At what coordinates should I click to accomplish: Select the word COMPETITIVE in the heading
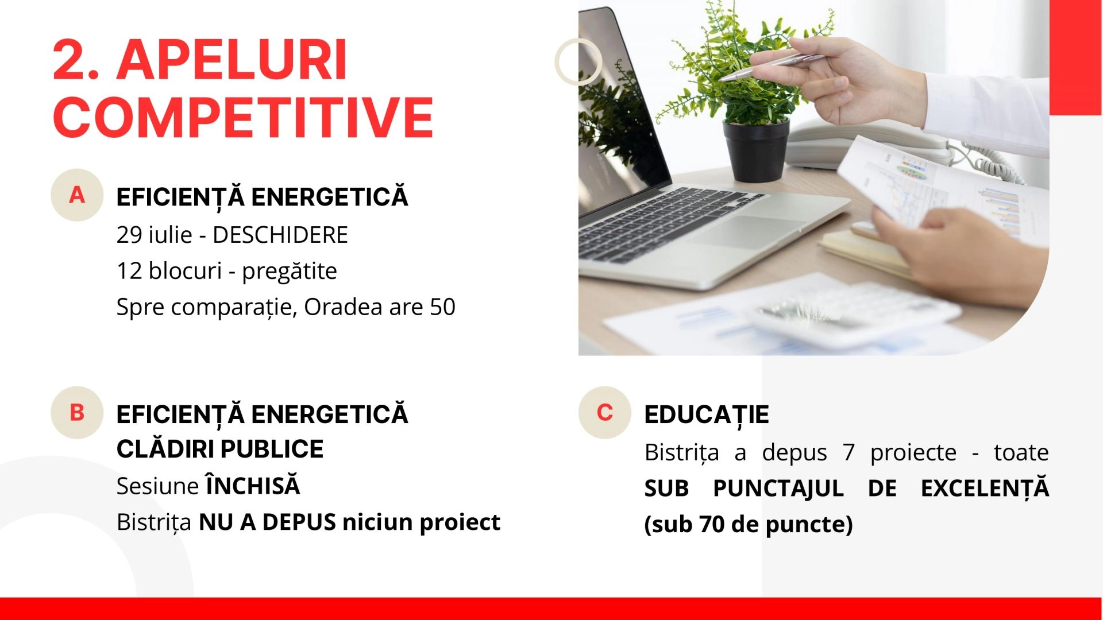243,117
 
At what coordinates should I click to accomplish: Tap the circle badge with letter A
77,195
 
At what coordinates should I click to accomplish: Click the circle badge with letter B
77,413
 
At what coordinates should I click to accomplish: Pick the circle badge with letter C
605,413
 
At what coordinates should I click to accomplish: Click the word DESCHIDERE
280,235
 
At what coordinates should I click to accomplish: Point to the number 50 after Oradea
442,307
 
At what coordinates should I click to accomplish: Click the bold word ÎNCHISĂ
253,485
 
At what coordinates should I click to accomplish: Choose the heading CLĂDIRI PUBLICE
220,449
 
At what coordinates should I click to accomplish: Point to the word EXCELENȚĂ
985,487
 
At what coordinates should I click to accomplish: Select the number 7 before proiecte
849,452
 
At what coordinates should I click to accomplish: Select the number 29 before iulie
129,235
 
